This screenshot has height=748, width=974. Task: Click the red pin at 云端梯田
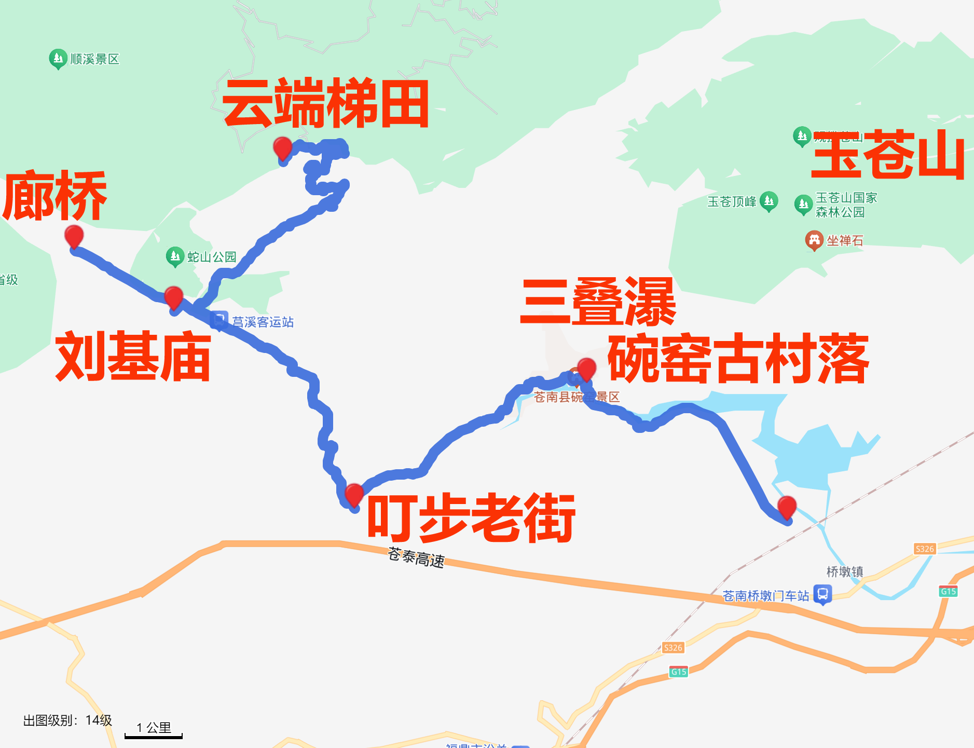tap(282, 147)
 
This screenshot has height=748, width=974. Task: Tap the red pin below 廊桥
tap(74, 236)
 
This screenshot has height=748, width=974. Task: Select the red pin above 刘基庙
tap(173, 297)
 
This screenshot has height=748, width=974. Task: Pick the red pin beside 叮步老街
tap(354, 494)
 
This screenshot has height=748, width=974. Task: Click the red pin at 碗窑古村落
tap(586, 368)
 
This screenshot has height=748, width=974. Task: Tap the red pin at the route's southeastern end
tap(787, 506)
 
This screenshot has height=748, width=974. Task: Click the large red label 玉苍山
tap(888, 155)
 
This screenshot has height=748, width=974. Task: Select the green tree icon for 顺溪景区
tap(58, 59)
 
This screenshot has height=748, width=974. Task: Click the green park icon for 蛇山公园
tap(175, 256)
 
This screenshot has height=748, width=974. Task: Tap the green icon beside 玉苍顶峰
tap(769, 201)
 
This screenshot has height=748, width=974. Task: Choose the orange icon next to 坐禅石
tap(814, 240)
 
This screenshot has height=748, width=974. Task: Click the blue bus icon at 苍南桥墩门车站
tap(822, 594)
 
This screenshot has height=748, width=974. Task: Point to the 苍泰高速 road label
tap(416, 557)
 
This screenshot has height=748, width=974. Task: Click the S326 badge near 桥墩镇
tap(924, 549)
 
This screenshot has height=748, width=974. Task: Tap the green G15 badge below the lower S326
tap(678, 672)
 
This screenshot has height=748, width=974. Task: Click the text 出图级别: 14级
tap(67, 720)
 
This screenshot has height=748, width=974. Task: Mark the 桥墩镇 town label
tap(844, 572)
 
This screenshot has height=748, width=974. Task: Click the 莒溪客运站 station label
tap(263, 322)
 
